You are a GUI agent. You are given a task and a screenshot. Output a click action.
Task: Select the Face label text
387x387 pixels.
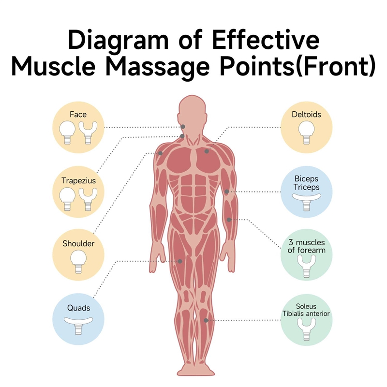(x=77, y=115)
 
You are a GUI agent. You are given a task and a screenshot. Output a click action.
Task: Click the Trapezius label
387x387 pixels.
(x=78, y=180)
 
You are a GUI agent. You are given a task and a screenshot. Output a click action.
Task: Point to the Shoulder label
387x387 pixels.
(x=78, y=244)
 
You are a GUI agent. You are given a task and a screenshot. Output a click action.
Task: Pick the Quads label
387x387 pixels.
(x=78, y=308)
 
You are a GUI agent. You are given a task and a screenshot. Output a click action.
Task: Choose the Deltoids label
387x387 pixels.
(x=306, y=115)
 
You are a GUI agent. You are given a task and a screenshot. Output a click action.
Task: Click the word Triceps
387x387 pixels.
(x=306, y=187)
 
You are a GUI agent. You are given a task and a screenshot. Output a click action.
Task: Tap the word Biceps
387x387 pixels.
(x=306, y=179)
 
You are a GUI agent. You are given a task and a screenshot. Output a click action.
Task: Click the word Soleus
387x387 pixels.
(x=306, y=306)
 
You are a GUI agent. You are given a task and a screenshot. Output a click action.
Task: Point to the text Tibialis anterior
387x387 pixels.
(x=306, y=314)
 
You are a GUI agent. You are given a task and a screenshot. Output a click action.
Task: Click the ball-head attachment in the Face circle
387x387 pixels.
(x=66, y=132)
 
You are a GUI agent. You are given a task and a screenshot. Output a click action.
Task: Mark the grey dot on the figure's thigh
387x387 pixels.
(x=180, y=261)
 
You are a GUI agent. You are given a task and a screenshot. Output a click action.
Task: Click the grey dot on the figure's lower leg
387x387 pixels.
(x=206, y=320)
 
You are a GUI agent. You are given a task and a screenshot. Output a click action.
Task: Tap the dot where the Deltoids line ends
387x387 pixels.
(x=207, y=151)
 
